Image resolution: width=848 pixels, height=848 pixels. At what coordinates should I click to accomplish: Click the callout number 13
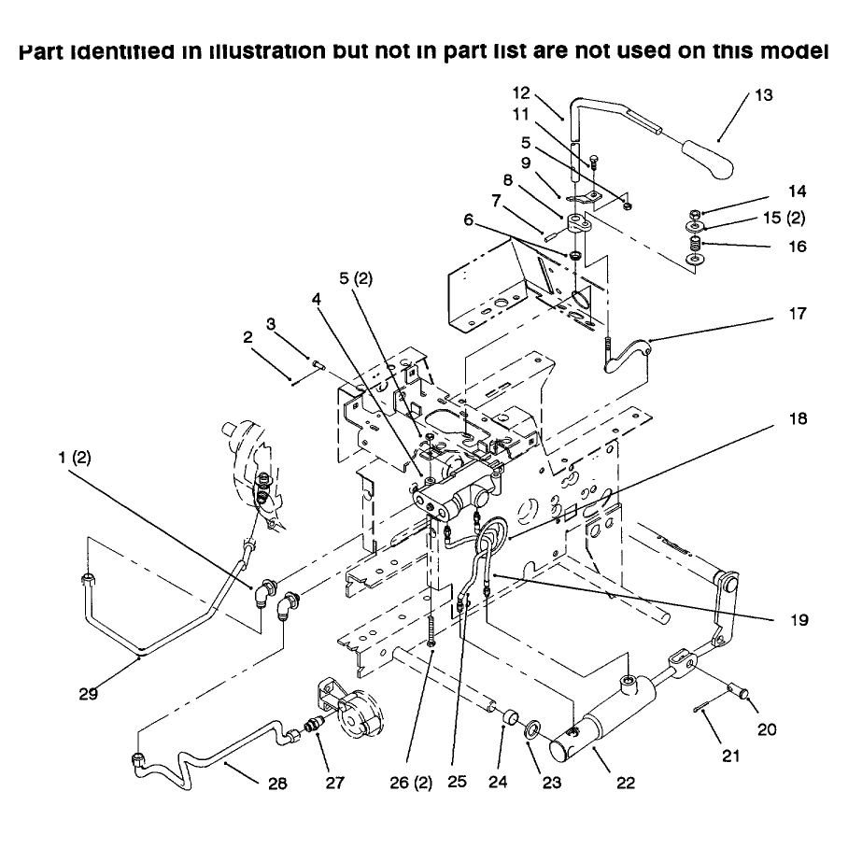[764, 95]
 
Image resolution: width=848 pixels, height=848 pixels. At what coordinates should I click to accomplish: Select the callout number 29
[89, 693]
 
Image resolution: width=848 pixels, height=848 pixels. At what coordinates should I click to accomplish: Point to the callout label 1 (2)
[75, 458]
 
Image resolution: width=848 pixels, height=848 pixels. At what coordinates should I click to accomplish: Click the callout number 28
[278, 784]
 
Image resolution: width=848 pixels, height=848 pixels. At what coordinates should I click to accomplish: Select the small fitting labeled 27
[313, 724]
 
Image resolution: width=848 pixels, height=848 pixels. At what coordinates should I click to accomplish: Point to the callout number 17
[798, 313]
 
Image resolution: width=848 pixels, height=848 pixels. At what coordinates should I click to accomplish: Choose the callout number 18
[799, 418]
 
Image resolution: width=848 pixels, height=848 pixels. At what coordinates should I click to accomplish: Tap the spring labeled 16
[695, 244]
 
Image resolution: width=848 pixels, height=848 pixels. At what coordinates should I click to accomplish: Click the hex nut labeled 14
[695, 214]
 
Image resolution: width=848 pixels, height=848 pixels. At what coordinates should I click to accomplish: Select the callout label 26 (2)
[411, 784]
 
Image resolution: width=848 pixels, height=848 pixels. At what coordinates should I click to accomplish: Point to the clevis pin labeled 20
[737, 690]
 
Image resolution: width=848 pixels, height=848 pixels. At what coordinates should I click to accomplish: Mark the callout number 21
[731, 756]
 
